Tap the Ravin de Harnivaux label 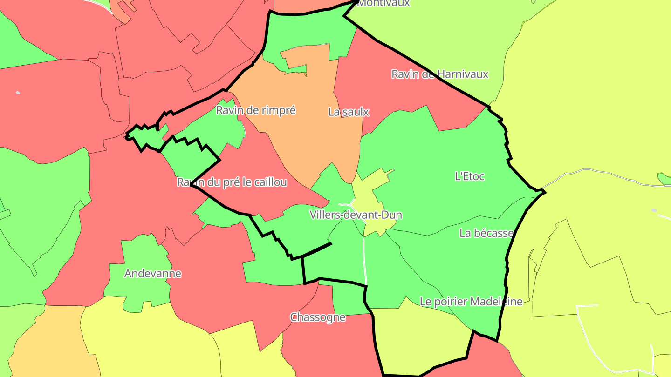coord(439,74)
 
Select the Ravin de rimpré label coord(256,110)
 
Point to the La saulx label coord(349,112)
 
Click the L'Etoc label coord(469,176)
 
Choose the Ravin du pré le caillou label coord(232,182)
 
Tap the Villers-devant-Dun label coord(356,215)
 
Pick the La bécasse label coord(486,233)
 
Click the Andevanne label coord(152,273)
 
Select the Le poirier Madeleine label coord(471,302)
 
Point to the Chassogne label coord(318,317)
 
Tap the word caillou coord(270,182)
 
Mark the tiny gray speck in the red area coord(18,93)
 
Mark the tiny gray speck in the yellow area coord(654,210)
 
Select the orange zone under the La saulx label coord(312,140)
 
